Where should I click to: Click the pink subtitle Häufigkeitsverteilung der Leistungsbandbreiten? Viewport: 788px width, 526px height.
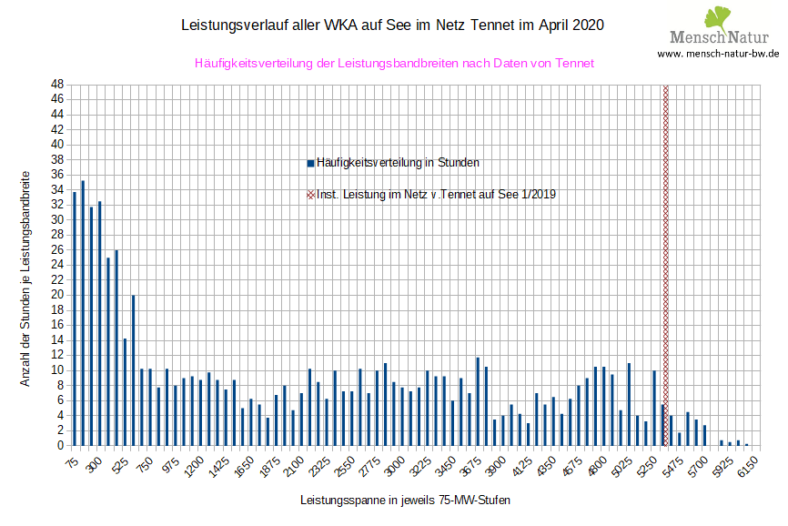point(394,64)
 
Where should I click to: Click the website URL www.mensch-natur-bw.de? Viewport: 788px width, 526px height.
point(718,54)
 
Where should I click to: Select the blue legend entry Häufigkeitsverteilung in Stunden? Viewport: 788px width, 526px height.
point(393,163)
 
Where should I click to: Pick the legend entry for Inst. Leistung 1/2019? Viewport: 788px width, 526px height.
point(431,194)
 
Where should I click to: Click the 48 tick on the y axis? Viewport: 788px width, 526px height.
point(56,85)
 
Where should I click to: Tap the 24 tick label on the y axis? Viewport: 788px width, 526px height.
point(56,265)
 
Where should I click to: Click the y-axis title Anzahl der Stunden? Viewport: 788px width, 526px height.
point(26,278)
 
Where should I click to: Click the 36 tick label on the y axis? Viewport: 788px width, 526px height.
point(56,175)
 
